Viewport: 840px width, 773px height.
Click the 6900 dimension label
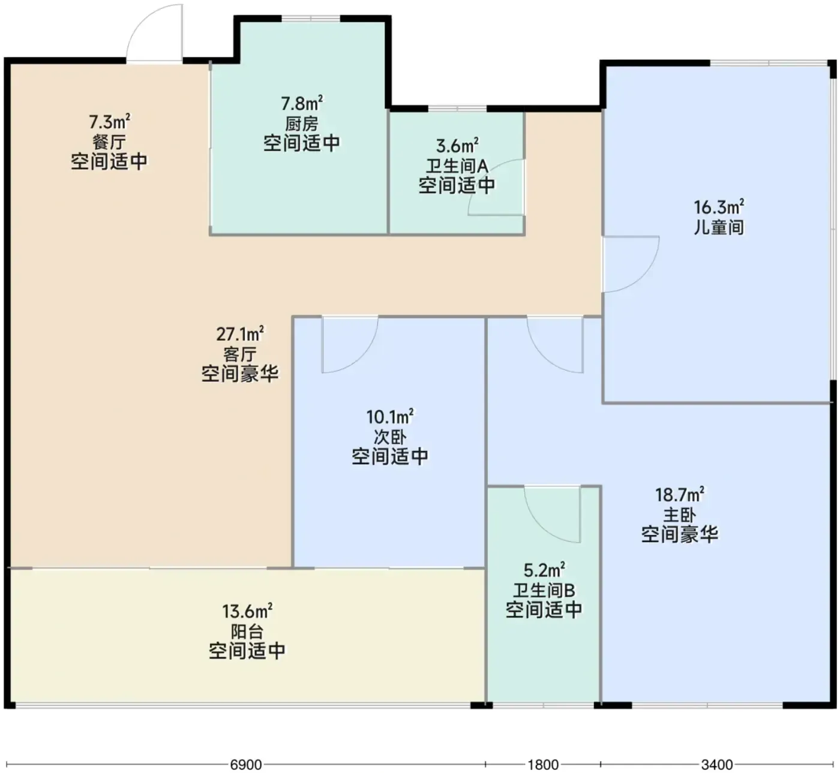click(x=246, y=765)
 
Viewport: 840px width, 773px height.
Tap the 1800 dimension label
click(x=543, y=765)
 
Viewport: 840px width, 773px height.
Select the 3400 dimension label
click(x=717, y=765)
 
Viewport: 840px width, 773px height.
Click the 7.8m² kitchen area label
click(x=301, y=103)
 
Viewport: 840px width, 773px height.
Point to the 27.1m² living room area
click(x=240, y=334)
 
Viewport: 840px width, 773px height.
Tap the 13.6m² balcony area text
click(x=247, y=612)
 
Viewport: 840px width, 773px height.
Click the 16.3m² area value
click(x=719, y=207)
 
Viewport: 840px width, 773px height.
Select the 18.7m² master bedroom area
click(x=679, y=495)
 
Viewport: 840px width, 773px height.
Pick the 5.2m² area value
click(x=544, y=570)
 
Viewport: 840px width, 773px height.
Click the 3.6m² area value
click(x=457, y=146)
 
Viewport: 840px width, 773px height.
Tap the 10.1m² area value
click(x=390, y=417)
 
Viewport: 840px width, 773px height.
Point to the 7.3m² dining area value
click(x=109, y=122)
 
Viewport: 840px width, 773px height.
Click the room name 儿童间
click(x=719, y=227)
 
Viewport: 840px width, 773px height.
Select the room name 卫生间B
click(x=544, y=590)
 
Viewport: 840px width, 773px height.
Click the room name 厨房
click(x=301, y=123)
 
